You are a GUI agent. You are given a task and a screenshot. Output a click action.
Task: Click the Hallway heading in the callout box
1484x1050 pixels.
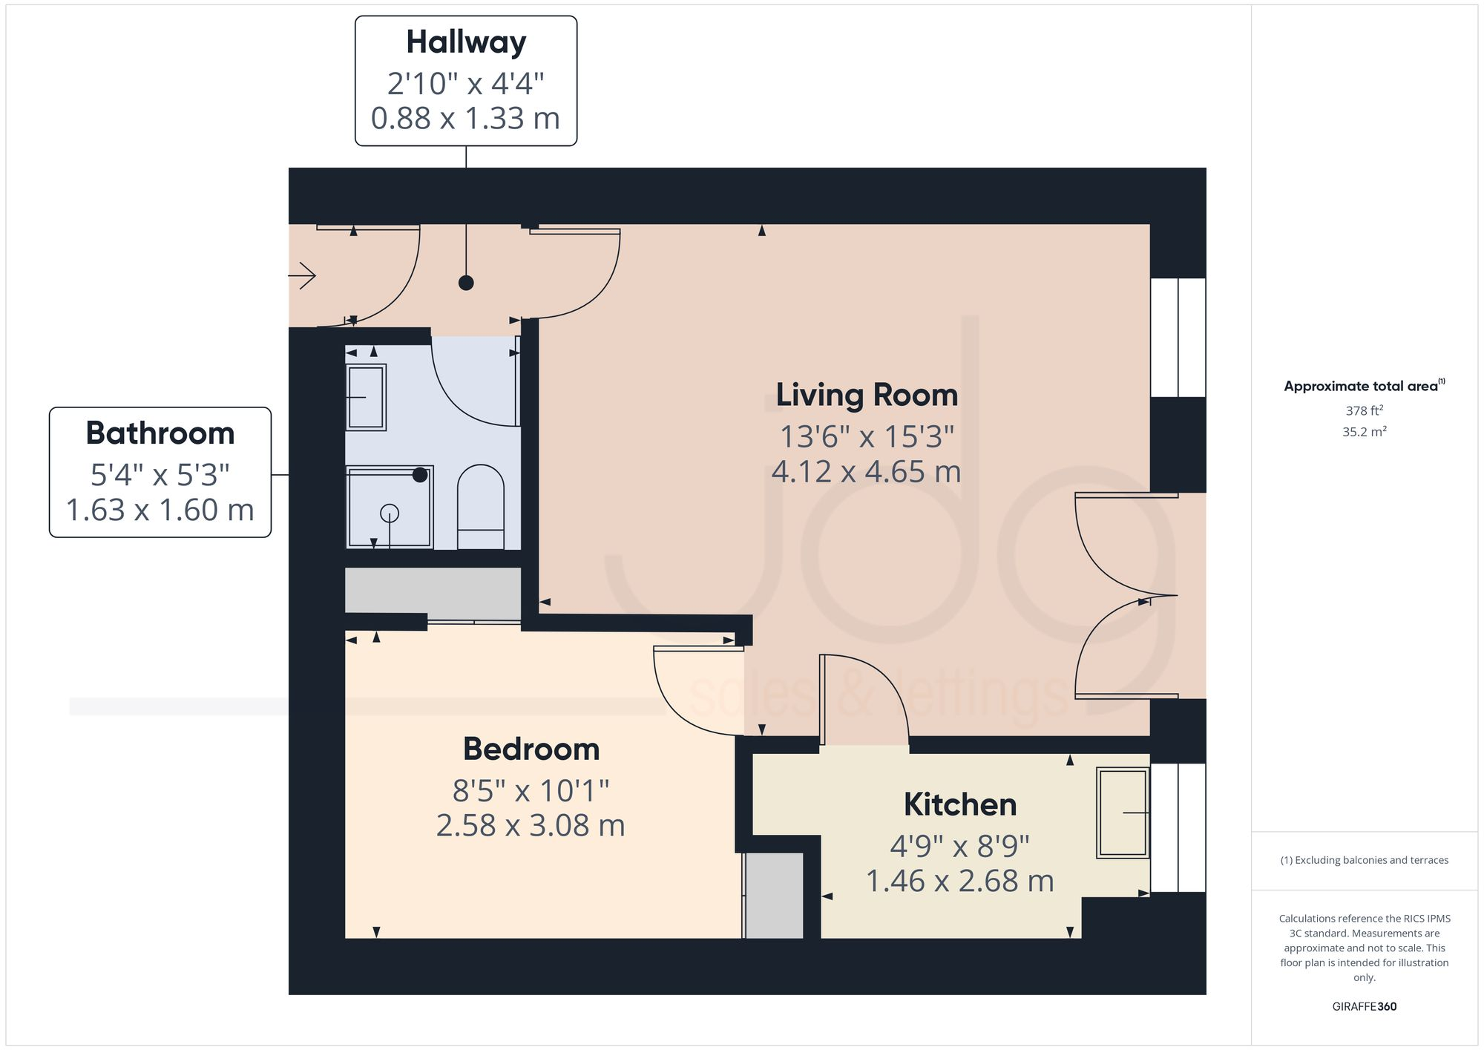466,42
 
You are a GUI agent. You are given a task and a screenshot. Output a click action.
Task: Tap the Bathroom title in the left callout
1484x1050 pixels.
160,433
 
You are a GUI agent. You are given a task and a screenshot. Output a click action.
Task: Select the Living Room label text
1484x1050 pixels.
867,395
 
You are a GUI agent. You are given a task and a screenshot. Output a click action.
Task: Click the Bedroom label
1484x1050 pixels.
531,749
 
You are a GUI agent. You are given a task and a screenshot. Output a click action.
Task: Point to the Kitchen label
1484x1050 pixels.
960,804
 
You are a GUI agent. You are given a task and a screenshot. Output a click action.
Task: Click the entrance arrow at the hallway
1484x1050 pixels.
303,276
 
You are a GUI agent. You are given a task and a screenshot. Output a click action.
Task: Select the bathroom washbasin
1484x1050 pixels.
367,397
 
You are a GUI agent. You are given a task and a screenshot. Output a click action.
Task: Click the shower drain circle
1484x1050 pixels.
390,513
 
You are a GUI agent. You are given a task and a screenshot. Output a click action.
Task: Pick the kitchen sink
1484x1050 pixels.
1123,813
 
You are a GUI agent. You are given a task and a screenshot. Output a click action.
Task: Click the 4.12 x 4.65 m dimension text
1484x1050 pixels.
867,472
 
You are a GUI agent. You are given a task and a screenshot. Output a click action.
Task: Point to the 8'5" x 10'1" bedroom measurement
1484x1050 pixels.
531,791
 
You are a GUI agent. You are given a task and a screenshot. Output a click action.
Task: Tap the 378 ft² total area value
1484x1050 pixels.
1364,410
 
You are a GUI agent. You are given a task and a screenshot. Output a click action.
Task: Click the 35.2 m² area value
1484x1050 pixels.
1364,432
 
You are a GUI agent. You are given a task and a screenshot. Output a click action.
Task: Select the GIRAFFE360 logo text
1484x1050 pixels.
1364,1006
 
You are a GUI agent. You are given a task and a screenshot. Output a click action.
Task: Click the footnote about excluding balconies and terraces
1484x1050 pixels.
1364,860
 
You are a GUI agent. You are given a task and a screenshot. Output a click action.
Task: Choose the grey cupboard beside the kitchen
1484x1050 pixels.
774,896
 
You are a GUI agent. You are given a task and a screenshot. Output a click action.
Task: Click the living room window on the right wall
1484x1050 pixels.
1178,338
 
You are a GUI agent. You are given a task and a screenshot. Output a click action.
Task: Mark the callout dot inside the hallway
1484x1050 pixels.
466,283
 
